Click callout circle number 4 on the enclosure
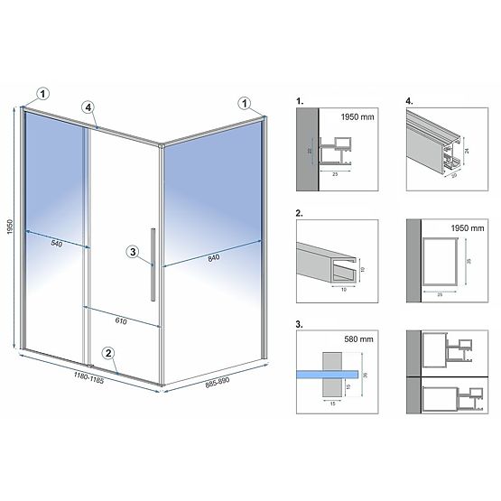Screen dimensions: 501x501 click(88, 107)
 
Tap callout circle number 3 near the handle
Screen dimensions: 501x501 click(134, 253)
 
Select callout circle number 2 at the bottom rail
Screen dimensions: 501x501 click(107, 353)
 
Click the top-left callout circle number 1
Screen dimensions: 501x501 click(44, 91)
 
